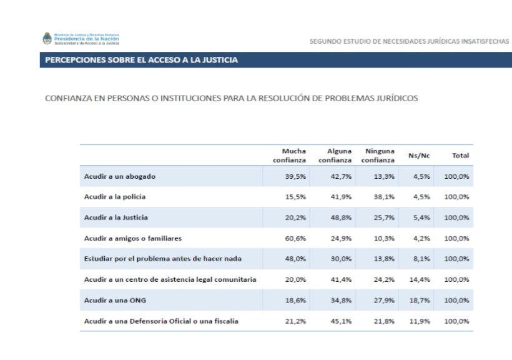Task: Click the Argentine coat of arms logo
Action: (x=46, y=39)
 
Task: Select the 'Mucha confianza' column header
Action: (x=289, y=156)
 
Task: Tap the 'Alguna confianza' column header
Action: (x=335, y=156)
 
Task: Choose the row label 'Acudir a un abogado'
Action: (x=120, y=176)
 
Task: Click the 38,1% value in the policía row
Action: (x=385, y=197)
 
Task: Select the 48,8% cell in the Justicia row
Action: (x=341, y=217)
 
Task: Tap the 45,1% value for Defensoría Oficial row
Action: (x=341, y=321)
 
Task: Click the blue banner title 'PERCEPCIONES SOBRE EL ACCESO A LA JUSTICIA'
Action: (x=141, y=60)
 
